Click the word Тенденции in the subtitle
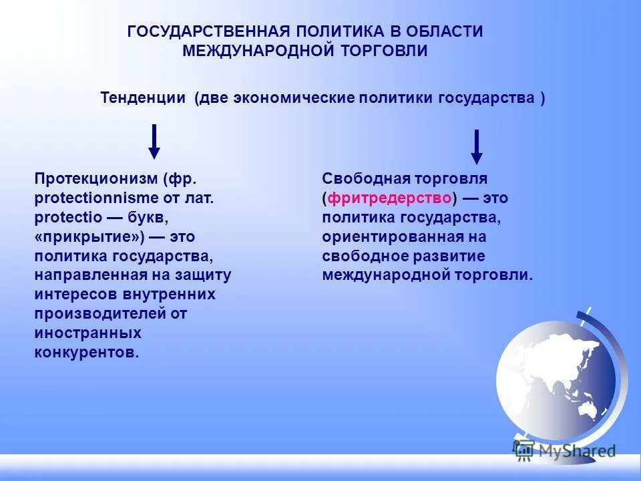click(x=143, y=98)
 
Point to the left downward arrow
click(x=154, y=142)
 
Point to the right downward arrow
click(x=476, y=146)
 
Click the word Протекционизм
click(x=95, y=179)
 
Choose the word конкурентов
click(x=87, y=352)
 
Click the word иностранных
click(x=87, y=333)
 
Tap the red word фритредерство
click(x=390, y=198)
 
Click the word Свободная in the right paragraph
click(x=357, y=179)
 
